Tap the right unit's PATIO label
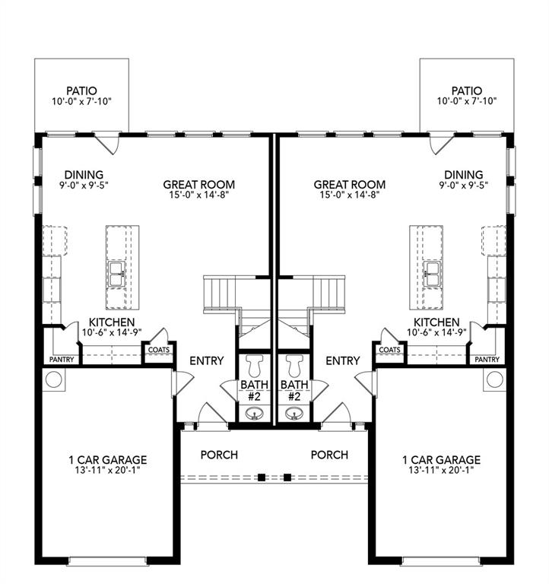click(466, 90)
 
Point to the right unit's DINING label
click(464, 173)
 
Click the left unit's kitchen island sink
click(117, 275)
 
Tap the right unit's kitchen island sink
click(432, 275)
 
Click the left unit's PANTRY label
click(62, 359)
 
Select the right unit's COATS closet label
click(389, 350)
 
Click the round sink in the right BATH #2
click(294, 414)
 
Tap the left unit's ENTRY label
click(206, 360)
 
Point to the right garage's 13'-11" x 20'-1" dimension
click(441, 471)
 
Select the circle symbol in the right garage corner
click(494, 379)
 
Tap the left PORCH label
click(219, 455)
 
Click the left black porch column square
click(262, 478)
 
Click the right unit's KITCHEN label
click(436, 322)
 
